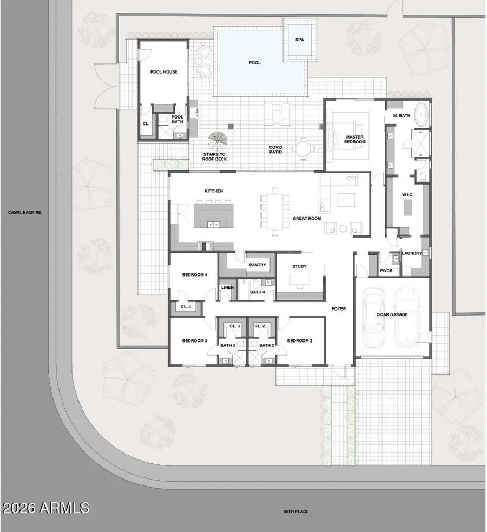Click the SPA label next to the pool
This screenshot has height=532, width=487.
[299, 40]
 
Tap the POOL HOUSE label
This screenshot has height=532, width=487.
[163, 72]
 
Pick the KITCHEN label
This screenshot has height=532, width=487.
[214, 191]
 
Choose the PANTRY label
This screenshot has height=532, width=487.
[256, 265]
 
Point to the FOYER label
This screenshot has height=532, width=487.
[339, 309]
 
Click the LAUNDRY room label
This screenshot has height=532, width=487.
[412, 253]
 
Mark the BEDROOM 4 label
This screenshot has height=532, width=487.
[195, 275]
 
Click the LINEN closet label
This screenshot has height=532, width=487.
[227, 288]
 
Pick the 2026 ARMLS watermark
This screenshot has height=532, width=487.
[46, 508]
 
